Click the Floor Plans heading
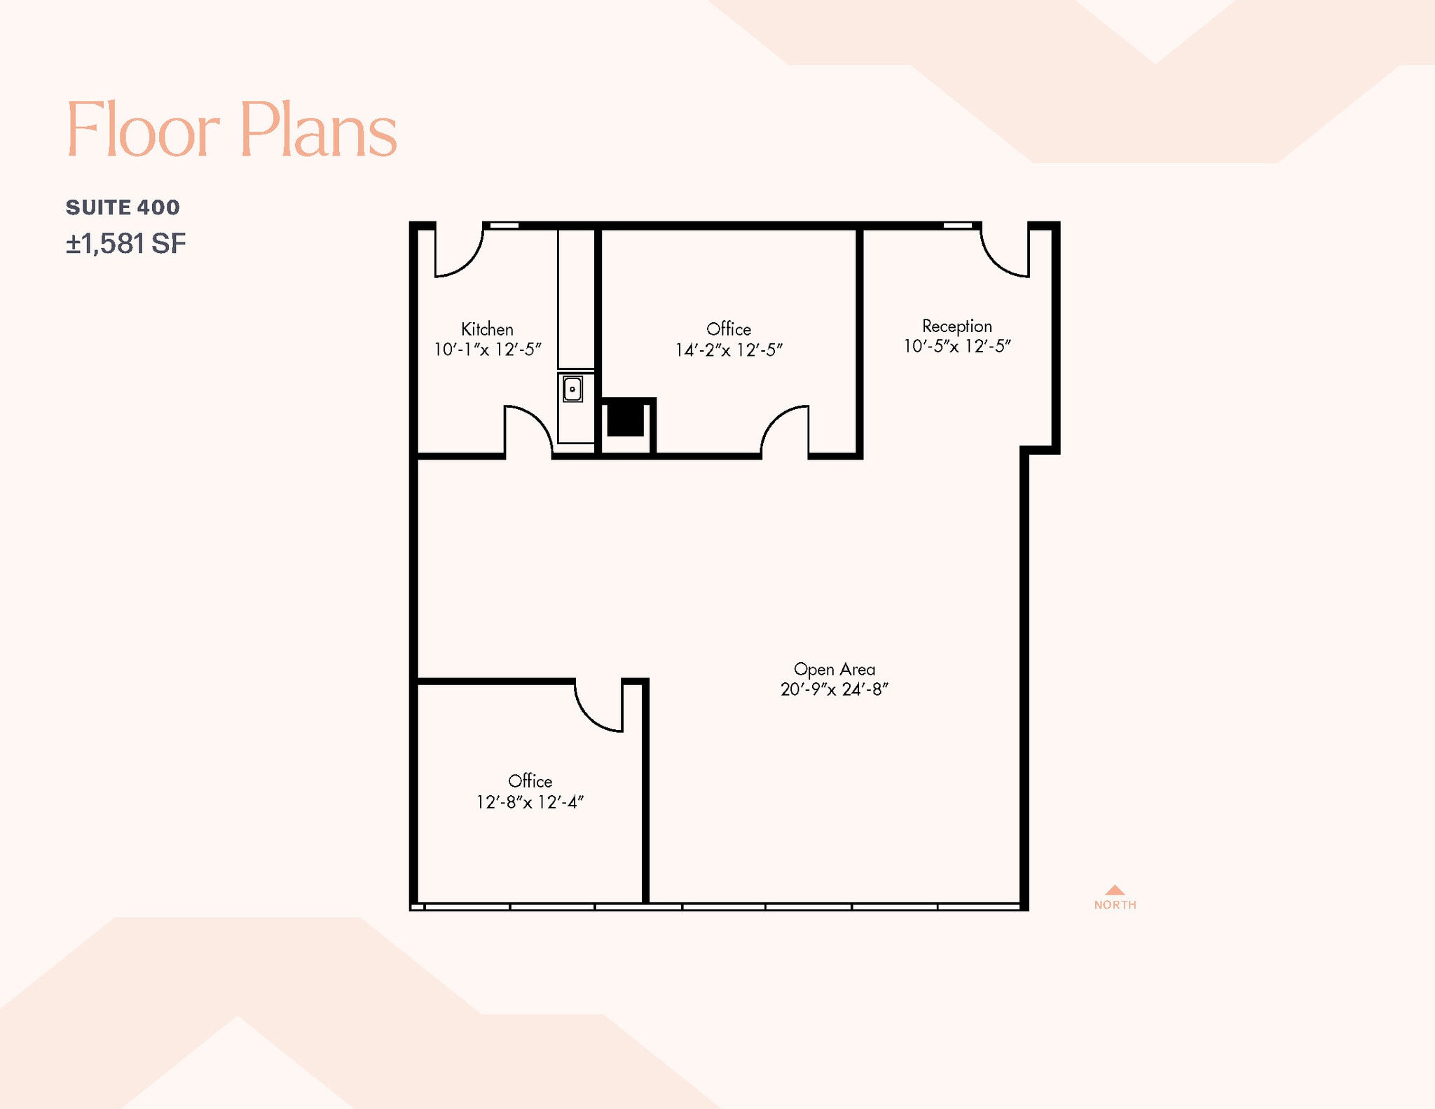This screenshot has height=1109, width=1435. pyautogui.click(x=231, y=130)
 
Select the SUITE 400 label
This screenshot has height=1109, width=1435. pyautogui.click(x=123, y=207)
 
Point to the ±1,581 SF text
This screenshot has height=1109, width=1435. pyautogui.click(x=126, y=244)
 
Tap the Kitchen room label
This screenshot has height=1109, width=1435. pyautogui.click(x=487, y=329)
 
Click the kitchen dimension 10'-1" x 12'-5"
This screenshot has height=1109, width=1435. pyautogui.click(x=488, y=350)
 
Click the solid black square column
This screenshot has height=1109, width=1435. pyautogui.click(x=625, y=418)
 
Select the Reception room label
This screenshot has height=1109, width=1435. pyautogui.click(x=956, y=326)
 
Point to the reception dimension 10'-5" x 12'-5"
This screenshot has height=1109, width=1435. pyautogui.click(x=956, y=346)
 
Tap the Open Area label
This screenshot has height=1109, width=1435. pyautogui.click(x=834, y=670)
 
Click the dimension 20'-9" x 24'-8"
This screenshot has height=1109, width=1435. pyautogui.click(x=834, y=690)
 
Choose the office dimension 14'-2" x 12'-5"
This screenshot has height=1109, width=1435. pyautogui.click(x=729, y=350)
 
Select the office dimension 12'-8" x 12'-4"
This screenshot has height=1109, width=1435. pyautogui.click(x=530, y=802)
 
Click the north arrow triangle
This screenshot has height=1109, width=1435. pyautogui.click(x=1115, y=890)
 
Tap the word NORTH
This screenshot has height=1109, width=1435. pyautogui.click(x=1115, y=905)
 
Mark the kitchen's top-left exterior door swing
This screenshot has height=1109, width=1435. pyautogui.click(x=458, y=252)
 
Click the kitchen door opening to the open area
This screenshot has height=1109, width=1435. pyautogui.click(x=528, y=430)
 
